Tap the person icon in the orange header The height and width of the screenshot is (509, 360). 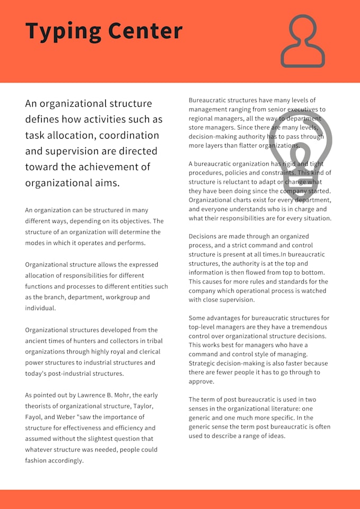[x=303, y=41]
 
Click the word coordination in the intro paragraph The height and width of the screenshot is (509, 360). [x=130, y=135]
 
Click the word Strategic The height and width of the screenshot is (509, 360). [x=203, y=363]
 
